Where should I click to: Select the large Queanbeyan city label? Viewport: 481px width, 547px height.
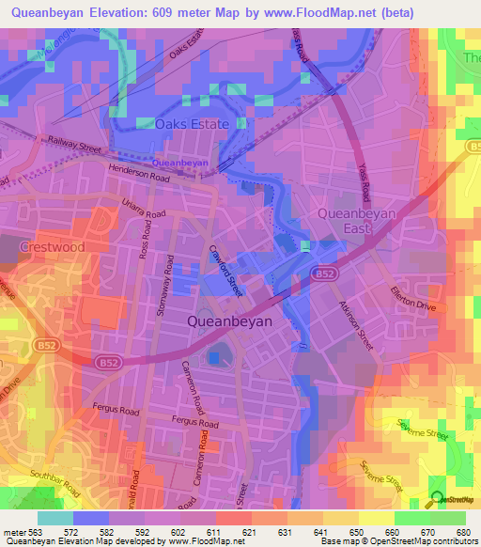click(x=230, y=321)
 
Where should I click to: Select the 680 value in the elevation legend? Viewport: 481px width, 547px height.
click(x=462, y=533)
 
